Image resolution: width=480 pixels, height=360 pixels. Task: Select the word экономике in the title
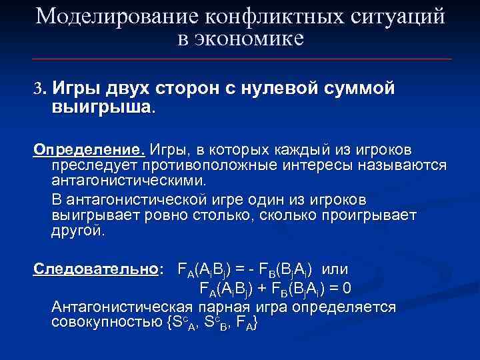pyautogui.click(x=250, y=39)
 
